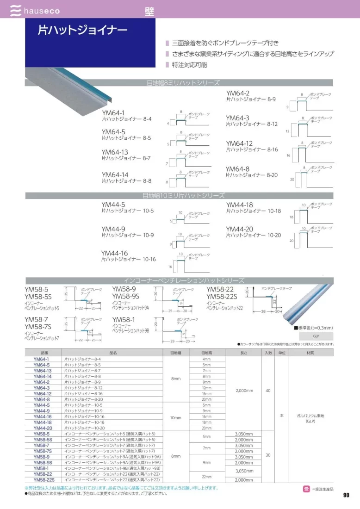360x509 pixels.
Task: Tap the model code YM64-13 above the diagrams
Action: pos(115,152)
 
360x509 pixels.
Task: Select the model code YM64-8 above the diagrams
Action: pos(237,169)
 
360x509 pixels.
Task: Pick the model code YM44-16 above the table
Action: pos(114,253)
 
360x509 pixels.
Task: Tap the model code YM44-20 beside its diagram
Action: pos(240,229)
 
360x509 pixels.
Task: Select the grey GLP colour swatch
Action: pos(316,336)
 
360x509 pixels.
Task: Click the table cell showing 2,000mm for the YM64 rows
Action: pos(244,391)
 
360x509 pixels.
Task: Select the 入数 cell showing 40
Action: pos(268,391)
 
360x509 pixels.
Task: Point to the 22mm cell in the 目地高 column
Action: pos(206,477)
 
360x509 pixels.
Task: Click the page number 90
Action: pos(346,495)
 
